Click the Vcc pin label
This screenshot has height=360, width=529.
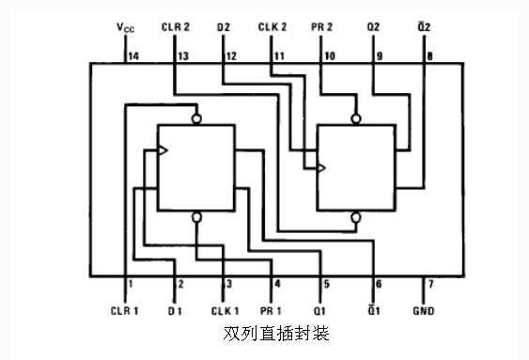tap(126, 27)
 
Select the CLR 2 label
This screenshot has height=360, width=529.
tap(176, 27)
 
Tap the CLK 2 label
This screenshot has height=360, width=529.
tap(272, 27)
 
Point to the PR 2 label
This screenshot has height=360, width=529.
tap(321, 27)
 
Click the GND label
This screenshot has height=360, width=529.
tap(424, 310)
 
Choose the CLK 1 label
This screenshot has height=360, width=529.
tap(225, 311)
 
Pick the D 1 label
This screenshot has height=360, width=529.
tap(175, 311)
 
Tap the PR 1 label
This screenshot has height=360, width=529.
tap(271, 311)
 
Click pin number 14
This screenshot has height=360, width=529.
tap(133, 56)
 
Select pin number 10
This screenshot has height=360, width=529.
tap(330, 56)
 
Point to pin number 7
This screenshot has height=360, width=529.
tap(430, 284)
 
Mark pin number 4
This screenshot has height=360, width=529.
tap(277, 284)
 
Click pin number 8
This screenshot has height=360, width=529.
tap(429, 56)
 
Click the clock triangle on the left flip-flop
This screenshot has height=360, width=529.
tap(163, 150)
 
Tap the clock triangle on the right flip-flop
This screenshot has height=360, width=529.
tap(321, 167)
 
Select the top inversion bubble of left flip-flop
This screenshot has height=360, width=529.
tap(196, 118)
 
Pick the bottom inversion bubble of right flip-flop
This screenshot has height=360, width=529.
tap(355, 217)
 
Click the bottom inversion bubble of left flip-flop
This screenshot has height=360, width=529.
tap(196, 217)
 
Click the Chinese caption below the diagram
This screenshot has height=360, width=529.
tap(276, 334)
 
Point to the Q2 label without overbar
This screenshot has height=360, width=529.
tap(373, 27)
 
